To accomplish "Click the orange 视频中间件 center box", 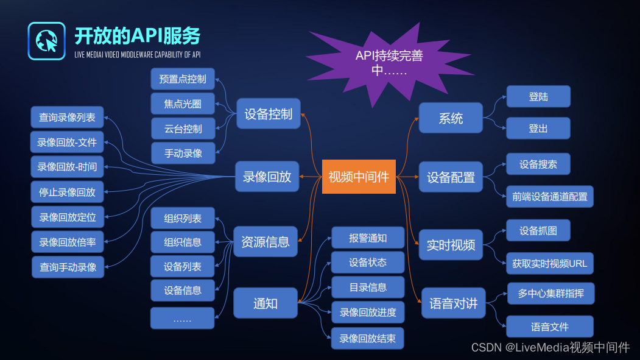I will tap(359, 177).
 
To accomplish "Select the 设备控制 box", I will tap(269, 114).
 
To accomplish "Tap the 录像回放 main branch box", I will tap(267, 177).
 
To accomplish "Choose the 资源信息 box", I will tap(265, 242).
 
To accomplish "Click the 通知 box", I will tap(265, 303).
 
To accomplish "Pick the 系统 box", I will tap(451, 118).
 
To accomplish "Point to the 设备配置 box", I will tap(451, 177).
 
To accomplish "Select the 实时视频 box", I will tap(451, 245).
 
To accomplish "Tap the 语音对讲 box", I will tap(454, 303).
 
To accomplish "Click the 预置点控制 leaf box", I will tap(183, 79).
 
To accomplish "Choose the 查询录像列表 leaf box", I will tap(68, 118).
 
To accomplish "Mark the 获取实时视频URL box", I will tap(549, 264).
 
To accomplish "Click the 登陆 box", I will tap(538, 97).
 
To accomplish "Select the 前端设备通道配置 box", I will tap(549, 197).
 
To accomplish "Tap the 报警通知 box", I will tap(368, 238).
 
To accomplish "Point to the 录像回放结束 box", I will tap(368, 338).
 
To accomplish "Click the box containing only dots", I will tap(183, 319).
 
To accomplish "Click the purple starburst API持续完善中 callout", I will tap(390, 63).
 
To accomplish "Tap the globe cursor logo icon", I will tap(46, 41).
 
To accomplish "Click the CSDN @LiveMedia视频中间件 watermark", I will tap(550, 348).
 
